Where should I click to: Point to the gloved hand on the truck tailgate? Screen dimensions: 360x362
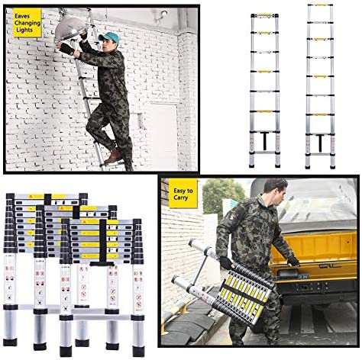pos(293,261)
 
